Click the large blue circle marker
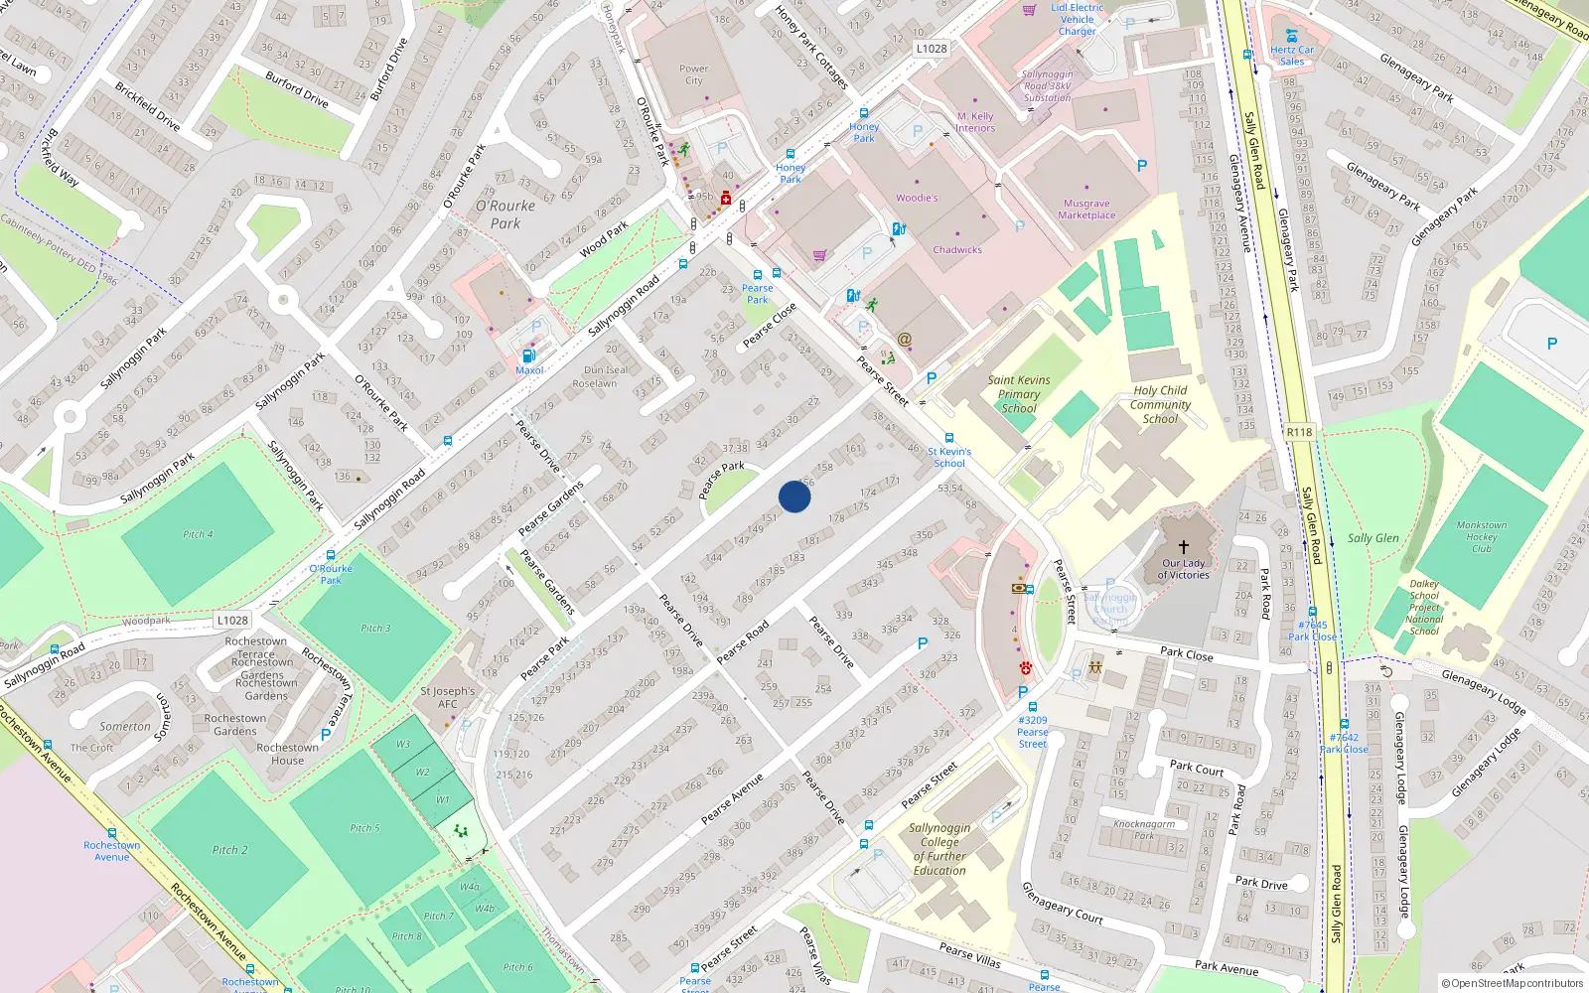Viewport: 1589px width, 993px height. point(794,496)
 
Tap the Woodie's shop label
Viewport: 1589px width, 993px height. point(916,198)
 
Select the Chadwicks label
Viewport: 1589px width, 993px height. point(957,250)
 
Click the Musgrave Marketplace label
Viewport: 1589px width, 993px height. point(1086,210)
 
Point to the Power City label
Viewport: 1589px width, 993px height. point(694,74)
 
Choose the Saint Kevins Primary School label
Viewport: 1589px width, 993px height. point(1019,394)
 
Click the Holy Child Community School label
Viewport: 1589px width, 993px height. point(1160,404)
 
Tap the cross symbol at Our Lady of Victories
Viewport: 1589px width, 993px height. point(1184,547)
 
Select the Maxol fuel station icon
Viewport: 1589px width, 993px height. point(528,355)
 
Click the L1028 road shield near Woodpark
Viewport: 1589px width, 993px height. point(232,621)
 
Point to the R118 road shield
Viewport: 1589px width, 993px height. point(1299,432)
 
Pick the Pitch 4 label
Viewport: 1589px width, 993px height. point(198,534)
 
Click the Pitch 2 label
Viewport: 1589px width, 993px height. point(229,850)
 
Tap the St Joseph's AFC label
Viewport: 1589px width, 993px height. point(448,697)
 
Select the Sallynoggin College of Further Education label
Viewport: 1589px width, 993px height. point(939,849)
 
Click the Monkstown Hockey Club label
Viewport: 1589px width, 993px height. point(1482,536)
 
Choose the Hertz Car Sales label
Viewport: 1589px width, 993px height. point(1292,56)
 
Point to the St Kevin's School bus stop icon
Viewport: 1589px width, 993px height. point(949,438)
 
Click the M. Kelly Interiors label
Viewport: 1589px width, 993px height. point(975,122)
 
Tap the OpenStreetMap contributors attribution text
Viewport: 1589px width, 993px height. point(1513,983)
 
